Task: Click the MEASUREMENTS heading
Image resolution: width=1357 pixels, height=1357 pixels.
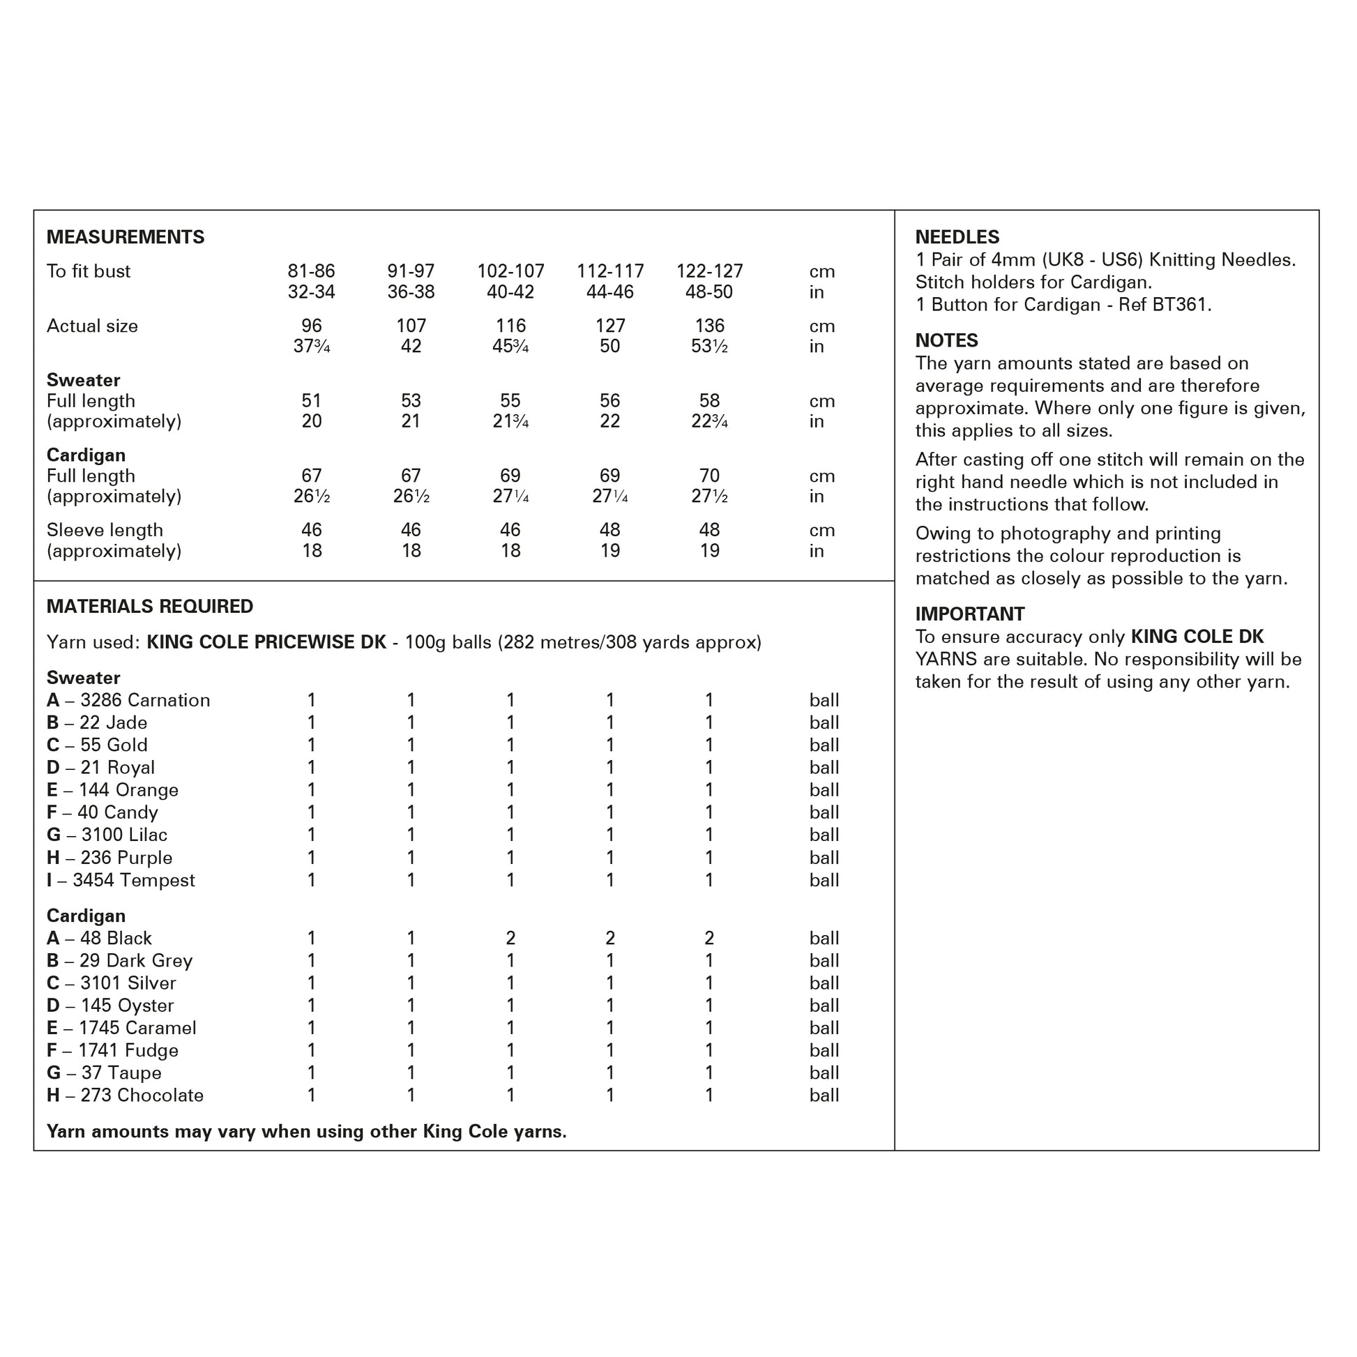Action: tap(125, 237)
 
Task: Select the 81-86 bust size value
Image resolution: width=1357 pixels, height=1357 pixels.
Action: tap(311, 271)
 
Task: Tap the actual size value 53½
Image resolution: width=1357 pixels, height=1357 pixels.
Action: tap(708, 347)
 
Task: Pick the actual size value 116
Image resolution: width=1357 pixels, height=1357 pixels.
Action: tap(510, 326)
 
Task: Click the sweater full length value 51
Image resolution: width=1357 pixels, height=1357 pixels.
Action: tap(311, 401)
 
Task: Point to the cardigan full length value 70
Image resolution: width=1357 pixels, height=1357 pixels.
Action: tap(708, 476)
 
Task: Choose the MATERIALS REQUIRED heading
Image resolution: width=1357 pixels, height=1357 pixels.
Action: tap(150, 607)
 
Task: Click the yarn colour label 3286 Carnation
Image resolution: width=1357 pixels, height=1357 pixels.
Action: tap(144, 700)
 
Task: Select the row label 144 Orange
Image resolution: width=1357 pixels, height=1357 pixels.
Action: tap(128, 790)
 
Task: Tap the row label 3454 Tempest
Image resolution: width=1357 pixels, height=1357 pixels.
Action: tap(133, 880)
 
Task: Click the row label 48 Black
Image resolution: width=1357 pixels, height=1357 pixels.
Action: tap(116, 939)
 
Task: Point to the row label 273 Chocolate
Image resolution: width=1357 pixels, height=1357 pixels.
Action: tap(142, 1096)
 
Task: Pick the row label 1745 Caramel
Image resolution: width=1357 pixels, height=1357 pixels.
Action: tap(137, 1029)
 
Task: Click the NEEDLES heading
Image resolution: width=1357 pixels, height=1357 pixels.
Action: tap(957, 237)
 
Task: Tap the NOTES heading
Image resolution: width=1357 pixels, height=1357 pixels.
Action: tap(946, 341)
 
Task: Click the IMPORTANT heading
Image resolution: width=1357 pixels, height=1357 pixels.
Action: tap(969, 614)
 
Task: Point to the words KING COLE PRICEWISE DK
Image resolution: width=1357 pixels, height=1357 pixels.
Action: tap(266, 643)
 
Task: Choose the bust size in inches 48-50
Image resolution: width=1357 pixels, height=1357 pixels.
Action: tap(708, 292)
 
